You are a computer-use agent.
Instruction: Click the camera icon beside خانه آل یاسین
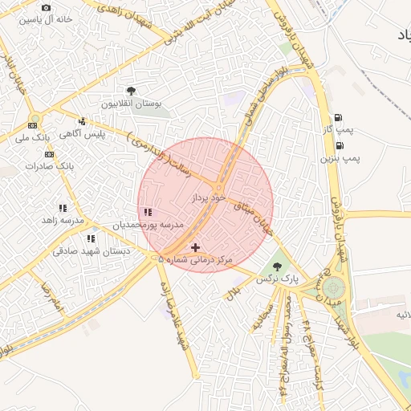[45, 7]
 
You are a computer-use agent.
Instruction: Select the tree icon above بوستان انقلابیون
[131, 92]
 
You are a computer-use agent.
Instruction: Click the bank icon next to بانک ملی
[33, 125]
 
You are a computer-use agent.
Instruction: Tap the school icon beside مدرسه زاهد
[63, 209]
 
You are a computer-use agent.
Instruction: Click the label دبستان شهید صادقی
[81, 251]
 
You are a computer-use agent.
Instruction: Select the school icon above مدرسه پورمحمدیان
[147, 213]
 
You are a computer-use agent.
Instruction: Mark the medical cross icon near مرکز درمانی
[195, 248]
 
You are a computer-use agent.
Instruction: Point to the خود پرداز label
[204, 197]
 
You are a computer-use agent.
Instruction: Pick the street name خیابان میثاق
[253, 214]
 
